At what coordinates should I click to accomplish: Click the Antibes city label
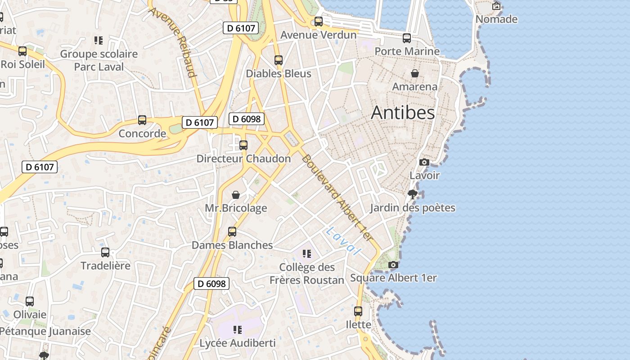coord(403,113)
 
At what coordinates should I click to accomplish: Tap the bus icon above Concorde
coord(142,120)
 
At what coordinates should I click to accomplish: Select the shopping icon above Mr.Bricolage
coord(236,195)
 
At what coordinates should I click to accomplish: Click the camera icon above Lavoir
coord(424,162)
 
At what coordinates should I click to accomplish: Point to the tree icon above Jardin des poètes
coord(412,194)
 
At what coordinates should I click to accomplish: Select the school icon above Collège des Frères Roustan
coord(307,254)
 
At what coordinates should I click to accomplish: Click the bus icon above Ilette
coord(358,311)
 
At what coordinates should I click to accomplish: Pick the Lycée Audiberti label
coord(238,343)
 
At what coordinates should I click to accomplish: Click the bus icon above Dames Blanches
coord(232,232)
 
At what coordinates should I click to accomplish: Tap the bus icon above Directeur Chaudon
coord(243,145)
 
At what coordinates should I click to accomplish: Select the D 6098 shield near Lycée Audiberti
coord(211,283)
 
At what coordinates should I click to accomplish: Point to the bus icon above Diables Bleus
coord(279,60)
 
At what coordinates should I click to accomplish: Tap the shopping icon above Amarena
coord(415,73)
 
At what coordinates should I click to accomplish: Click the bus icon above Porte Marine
coord(407,38)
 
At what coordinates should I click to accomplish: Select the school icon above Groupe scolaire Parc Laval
coord(99,40)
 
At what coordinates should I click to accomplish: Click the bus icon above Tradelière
coord(105,252)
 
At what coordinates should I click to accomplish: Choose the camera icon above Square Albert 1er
coord(393,265)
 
